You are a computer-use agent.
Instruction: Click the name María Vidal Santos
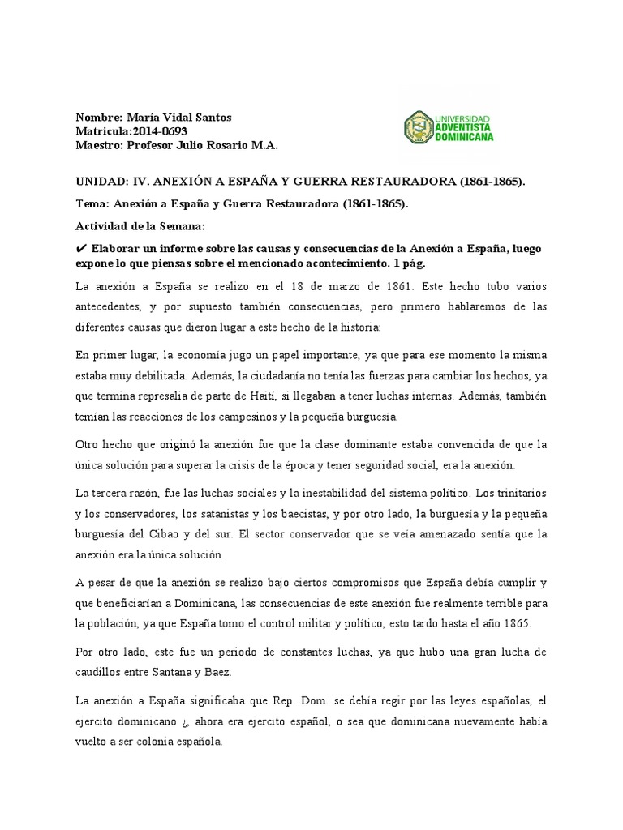179,118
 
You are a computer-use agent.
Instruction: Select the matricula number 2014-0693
159,131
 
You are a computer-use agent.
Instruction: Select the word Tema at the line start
91,204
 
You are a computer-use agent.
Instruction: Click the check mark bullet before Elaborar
80,248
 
